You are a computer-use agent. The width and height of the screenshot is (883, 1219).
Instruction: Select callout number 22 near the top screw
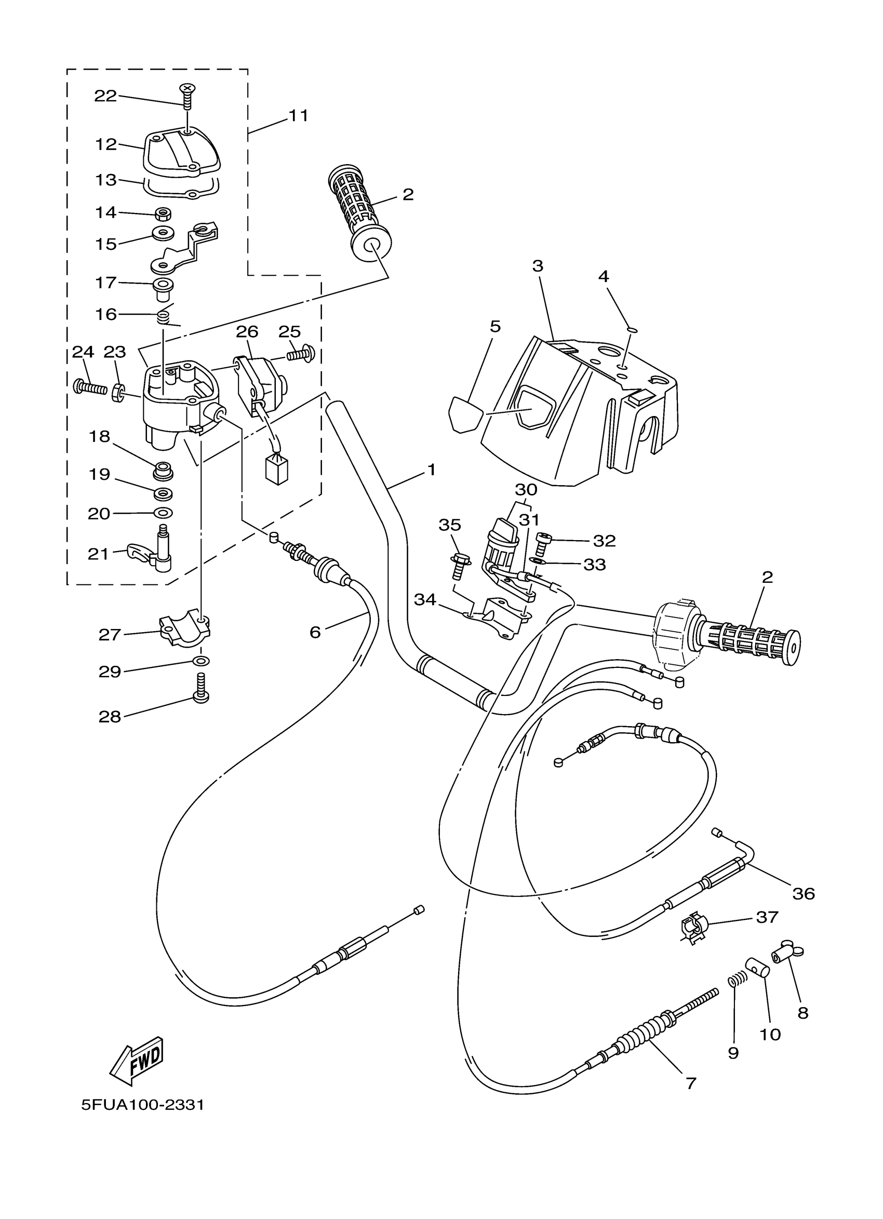(x=105, y=96)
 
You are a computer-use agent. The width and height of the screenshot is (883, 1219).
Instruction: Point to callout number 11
(x=299, y=115)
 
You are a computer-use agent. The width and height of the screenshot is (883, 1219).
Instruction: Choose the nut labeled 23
(x=117, y=393)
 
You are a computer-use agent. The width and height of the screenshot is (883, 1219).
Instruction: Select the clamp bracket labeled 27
(x=184, y=629)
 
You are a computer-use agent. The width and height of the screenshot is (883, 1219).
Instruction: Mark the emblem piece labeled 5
(x=463, y=414)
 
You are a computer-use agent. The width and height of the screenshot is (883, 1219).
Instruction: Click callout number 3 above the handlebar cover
(x=538, y=265)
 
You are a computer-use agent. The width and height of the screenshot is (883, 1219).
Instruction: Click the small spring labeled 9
(x=739, y=979)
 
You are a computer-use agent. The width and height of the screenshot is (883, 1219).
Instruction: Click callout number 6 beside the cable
(x=315, y=633)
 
